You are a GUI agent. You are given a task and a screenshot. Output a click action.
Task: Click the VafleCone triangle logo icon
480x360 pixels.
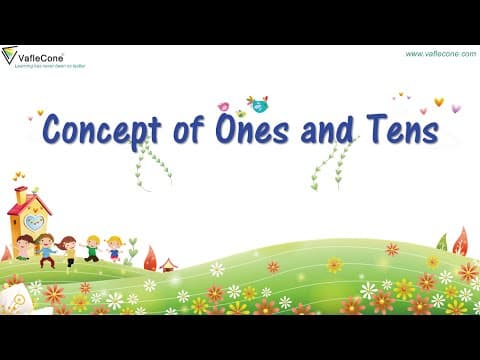9,56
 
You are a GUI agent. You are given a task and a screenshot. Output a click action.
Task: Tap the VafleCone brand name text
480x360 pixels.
39,57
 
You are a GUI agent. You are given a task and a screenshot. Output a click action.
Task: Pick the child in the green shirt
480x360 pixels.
92,247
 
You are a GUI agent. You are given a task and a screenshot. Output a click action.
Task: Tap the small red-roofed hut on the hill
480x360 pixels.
168,264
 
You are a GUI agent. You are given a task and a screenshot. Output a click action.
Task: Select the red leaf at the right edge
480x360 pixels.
460,241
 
